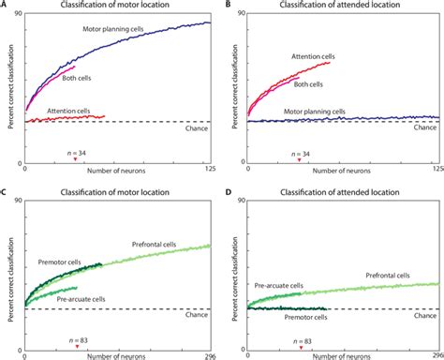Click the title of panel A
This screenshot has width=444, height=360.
pyautogui.click(x=115, y=5)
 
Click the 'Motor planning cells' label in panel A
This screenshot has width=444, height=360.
pyautogui.click(x=113, y=29)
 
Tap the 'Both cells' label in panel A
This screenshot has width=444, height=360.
pyautogui.click(x=77, y=78)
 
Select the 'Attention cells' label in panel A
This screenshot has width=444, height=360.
pyautogui.click(x=68, y=111)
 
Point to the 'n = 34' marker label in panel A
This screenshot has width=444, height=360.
pyautogui.click(x=77, y=153)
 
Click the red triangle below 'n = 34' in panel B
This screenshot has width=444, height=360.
pyautogui.click(x=299, y=160)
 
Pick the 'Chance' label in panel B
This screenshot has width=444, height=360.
pyautogui.click(x=425, y=127)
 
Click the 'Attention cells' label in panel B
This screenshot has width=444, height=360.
pyautogui.click(x=313, y=56)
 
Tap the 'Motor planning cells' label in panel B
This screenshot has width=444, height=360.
pyautogui.click(x=315, y=112)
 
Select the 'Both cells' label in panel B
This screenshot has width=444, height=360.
pyautogui.click(x=308, y=84)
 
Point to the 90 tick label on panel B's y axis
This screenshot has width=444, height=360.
pyautogui.click(x=242, y=13)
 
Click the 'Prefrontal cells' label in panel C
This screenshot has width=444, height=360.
pyautogui.click(x=154, y=245)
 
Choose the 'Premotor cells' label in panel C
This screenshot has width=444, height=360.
pyautogui.click(x=59, y=262)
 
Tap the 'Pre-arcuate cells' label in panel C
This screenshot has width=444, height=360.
pyautogui.click(x=81, y=299)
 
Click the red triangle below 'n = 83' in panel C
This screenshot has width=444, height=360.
pyautogui.click(x=77, y=347)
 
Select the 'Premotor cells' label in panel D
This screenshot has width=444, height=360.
pyautogui.click(x=305, y=317)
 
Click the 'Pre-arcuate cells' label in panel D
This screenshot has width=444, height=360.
pyautogui.click(x=278, y=286)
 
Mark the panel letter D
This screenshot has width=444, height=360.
pyautogui.click(x=229, y=191)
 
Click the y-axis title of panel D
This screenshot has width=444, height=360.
pyautogui.click(x=235, y=278)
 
